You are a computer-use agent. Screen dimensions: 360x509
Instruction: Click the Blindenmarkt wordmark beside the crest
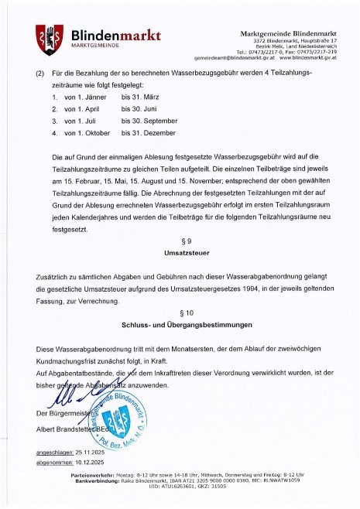pyautogui.click(x=115, y=35)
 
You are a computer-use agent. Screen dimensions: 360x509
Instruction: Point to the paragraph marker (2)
pyautogui.click(x=40, y=73)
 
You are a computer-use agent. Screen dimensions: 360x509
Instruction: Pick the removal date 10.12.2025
pyautogui.click(x=97, y=462)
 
